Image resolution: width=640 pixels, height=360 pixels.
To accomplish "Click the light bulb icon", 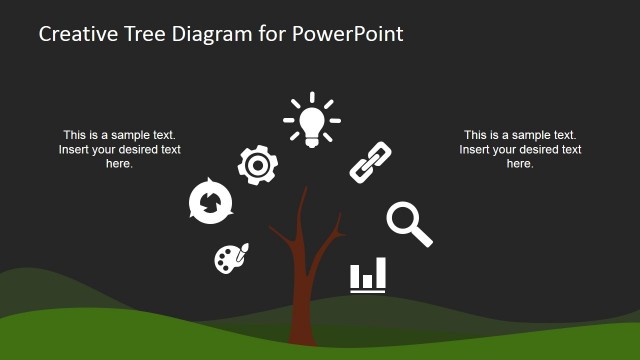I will pyautogui.click(x=311, y=122).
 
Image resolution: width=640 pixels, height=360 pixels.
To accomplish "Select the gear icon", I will pyautogui.click(x=257, y=162).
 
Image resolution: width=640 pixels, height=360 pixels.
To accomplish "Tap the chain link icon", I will pyautogui.click(x=370, y=162).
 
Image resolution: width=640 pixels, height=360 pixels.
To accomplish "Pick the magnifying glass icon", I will pyautogui.click(x=408, y=223).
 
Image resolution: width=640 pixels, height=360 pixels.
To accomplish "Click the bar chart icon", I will pyautogui.click(x=368, y=275).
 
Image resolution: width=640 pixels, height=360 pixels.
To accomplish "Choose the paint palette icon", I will pyautogui.click(x=230, y=258).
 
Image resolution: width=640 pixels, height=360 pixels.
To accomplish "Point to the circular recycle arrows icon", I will pyautogui.click(x=210, y=202).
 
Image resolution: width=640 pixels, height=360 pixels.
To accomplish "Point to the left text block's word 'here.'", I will pyautogui.click(x=119, y=164).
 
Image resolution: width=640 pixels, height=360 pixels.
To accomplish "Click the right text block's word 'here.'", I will pyautogui.click(x=520, y=164).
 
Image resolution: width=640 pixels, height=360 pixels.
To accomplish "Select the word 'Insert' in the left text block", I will pyautogui.click(x=76, y=150).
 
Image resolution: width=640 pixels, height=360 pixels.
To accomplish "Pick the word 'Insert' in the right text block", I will pyautogui.click(x=476, y=150).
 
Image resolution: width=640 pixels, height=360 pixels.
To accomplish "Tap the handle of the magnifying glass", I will pyautogui.click(x=422, y=237).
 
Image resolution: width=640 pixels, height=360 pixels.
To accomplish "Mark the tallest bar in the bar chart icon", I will pyautogui.click(x=381, y=271).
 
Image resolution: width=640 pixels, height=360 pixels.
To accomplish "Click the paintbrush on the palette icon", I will pyautogui.click(x=244, y=248).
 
